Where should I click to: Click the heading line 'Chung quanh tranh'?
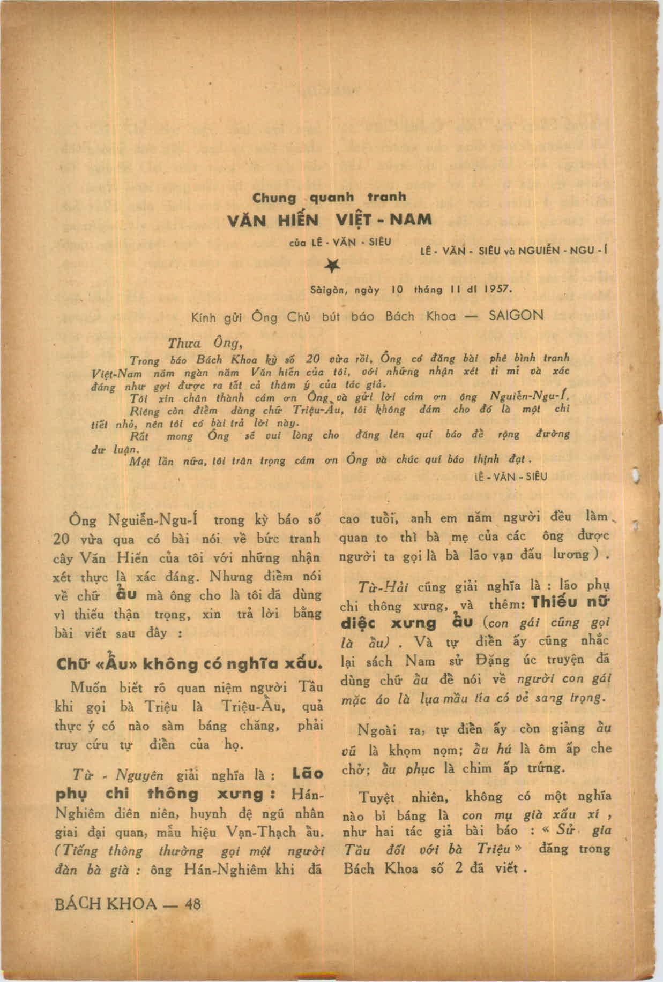[329, 198]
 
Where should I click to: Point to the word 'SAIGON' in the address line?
[516, 315]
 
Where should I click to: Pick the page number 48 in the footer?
[192, 904]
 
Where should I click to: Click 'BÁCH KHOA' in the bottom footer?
[106, 904]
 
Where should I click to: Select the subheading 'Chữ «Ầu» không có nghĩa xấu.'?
[190, 664]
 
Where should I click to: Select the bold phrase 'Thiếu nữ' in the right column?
[570, 602]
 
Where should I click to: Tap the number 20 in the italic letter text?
[312, 359]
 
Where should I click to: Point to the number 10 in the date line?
[397, 290]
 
